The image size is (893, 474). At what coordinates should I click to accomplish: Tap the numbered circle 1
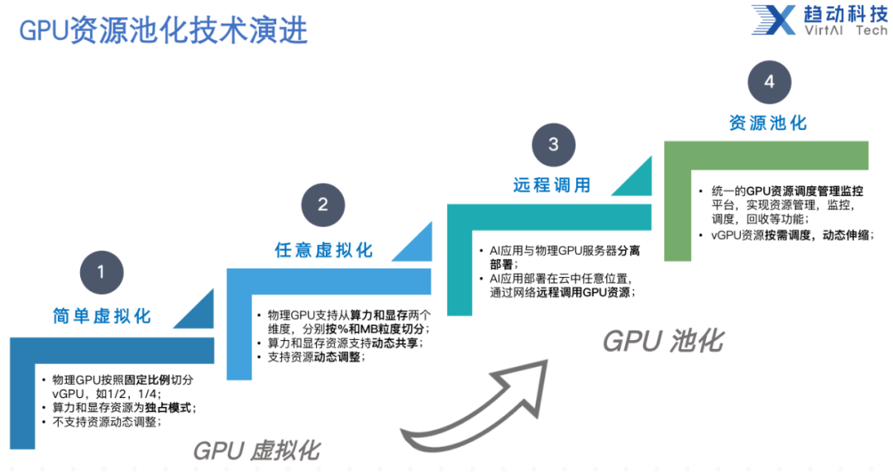[102, 272]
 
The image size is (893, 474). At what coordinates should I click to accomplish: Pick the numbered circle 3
[553, 145]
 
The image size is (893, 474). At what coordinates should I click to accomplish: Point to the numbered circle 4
[769, 82]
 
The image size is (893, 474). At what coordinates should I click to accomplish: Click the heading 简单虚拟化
[102, 316]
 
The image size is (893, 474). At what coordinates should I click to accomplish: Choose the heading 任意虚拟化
[323, 250]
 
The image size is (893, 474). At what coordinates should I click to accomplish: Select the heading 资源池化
[767, 122]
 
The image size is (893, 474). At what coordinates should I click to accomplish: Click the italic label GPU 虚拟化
[257, 450]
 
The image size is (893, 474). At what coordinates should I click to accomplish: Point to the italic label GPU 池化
[662, 341]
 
